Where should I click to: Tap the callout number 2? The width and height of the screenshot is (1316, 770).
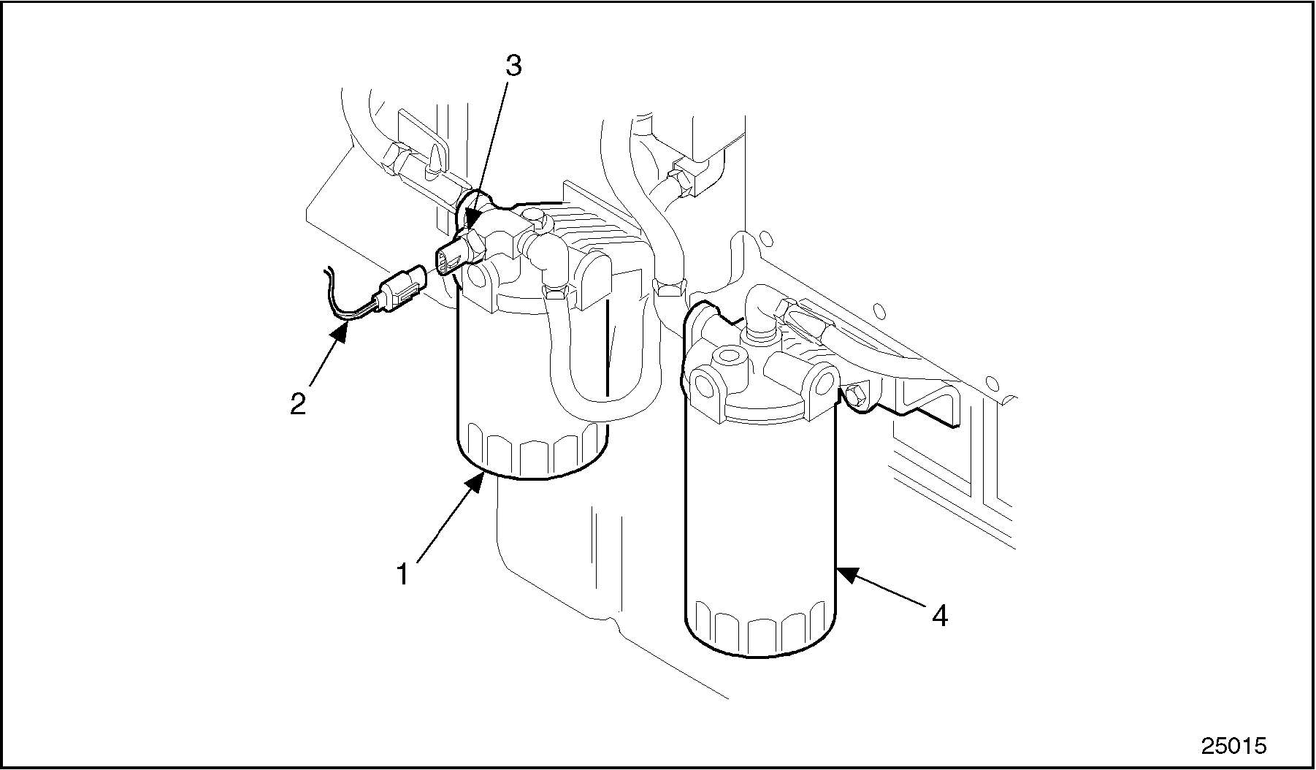click(x=298, y=403)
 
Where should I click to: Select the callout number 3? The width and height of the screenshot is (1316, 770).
click(x=514, y=66)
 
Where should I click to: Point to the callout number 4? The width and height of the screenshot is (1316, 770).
click(x=940, y=616)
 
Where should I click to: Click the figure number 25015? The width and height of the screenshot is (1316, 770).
click(x=1234, y=745)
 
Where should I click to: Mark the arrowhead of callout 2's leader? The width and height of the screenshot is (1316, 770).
click(x=342, y=332)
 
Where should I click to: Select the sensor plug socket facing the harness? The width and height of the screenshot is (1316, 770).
click(x=446, y=262)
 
